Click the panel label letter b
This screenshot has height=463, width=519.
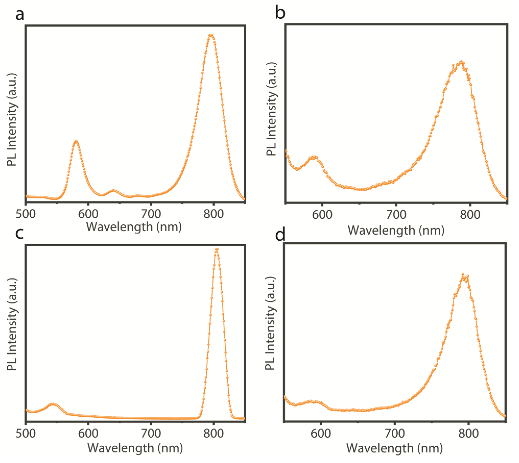coord(280,13)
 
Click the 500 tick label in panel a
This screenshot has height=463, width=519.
coord(26,214)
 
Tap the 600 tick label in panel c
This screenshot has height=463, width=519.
coord(88,433)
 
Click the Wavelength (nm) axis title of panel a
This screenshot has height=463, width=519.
coord(134,227)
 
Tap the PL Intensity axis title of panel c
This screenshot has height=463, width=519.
coord(12,324)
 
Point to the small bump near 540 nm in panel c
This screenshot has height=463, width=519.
coord(52,404)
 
